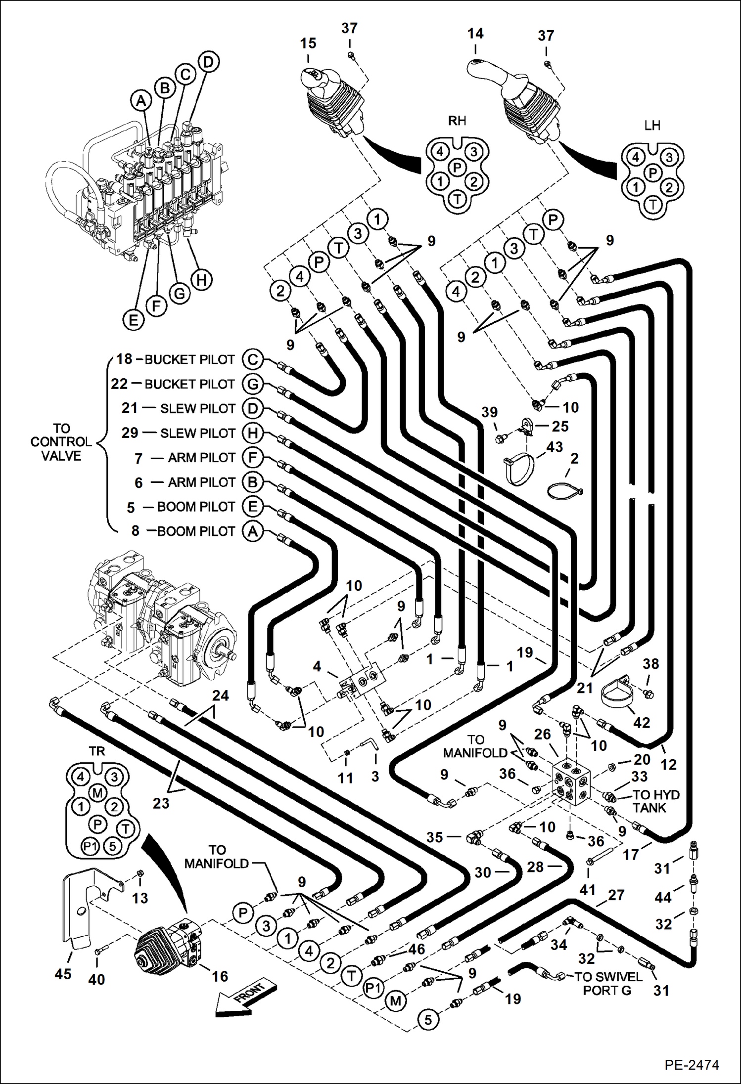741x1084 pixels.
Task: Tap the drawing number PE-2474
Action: click(x=691, y=1064)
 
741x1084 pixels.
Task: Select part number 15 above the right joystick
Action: click(x=308, y=43)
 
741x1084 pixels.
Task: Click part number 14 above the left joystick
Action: click(x=475, y=34)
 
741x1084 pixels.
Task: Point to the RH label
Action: click(x=457, y=121)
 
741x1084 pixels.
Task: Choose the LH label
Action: click(x=652, y=126)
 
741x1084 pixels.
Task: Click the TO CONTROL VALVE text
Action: click(x=61, y=442)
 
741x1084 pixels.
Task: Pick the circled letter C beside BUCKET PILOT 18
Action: click(x=252, y=359)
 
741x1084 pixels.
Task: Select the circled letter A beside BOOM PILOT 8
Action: click(x=252, y=531)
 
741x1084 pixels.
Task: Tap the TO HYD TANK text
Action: click(x=655, y=801)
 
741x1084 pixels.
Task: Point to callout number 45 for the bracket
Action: click(x=63, y=974)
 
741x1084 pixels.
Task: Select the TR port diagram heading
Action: click(x=97, y=751)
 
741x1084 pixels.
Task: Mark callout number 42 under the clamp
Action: click(x=641, y=723)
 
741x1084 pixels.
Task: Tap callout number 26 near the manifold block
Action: click(x=542, y=734)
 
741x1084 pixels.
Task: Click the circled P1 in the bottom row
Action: click(x=373, y=988)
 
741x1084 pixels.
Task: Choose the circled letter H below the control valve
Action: click(x=201, y=280)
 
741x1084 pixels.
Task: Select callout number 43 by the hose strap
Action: click(x=555, y=447)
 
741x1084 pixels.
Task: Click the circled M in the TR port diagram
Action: click(x=97, y=793)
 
